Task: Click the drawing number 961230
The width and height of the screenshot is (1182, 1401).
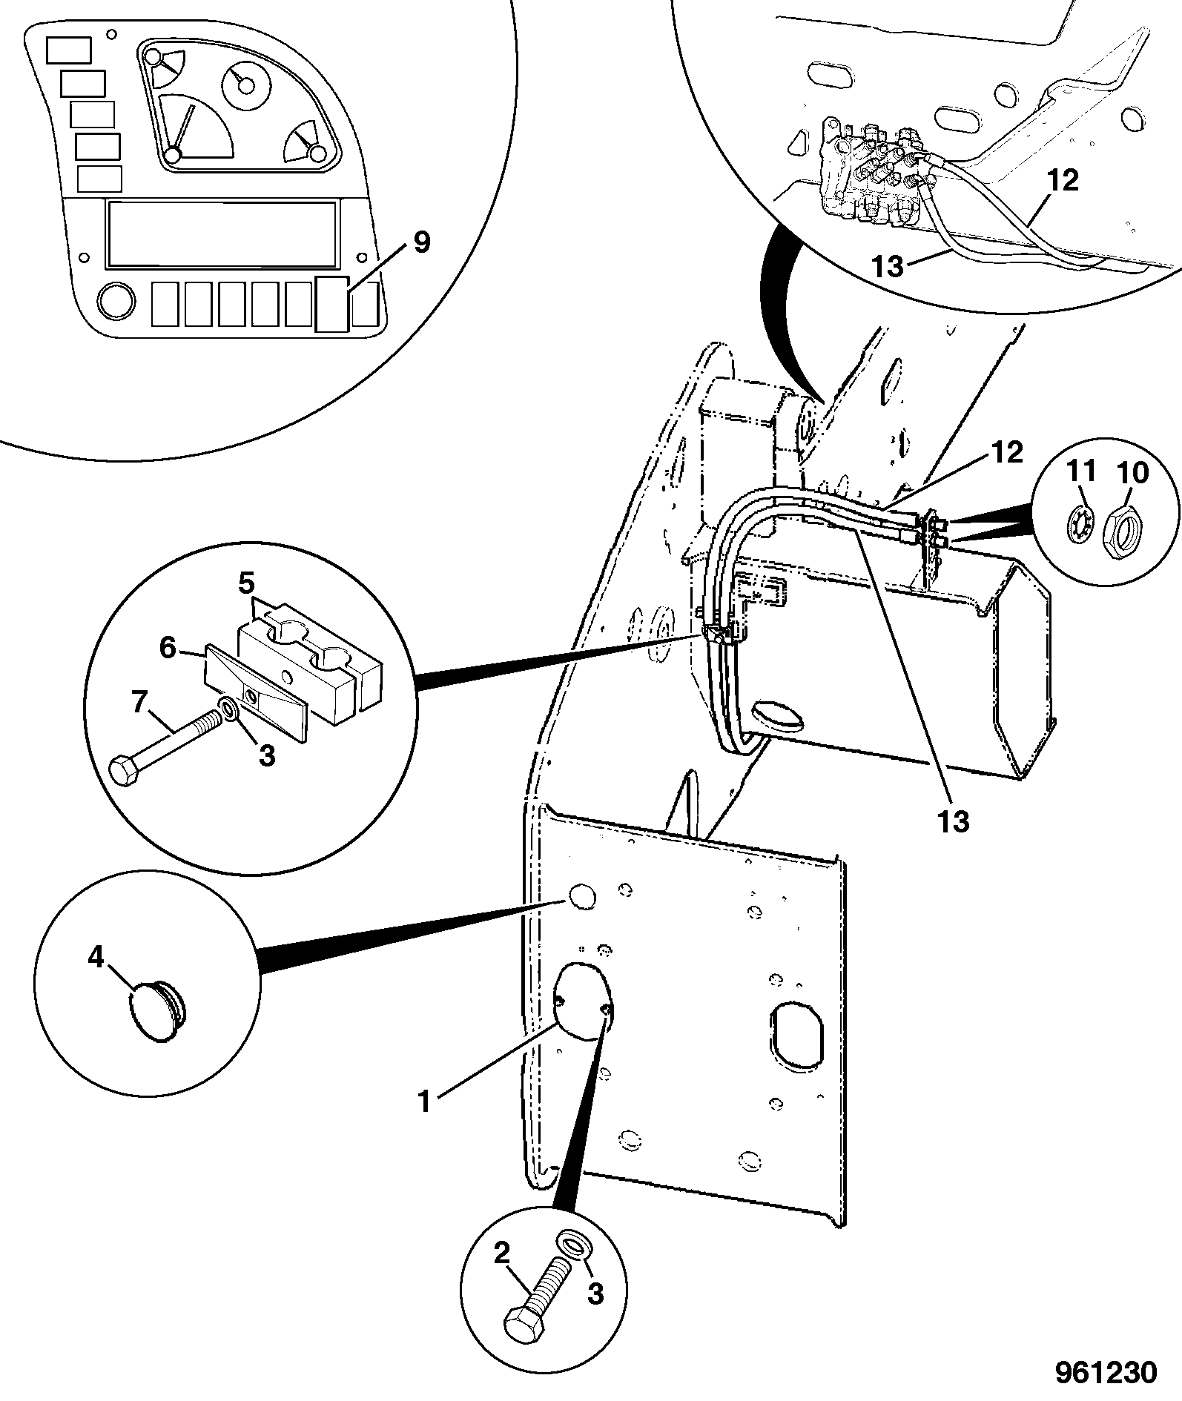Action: pyautogui.click(x=1106, y=1372)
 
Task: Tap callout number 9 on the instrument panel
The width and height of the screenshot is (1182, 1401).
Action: pyautogui.click(x=421, y=243)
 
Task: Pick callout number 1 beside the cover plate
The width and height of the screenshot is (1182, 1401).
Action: pyautogui.click(x=423, y=1122)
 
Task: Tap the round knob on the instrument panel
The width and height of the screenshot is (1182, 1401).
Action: pyautogui.click(x=116, y=302)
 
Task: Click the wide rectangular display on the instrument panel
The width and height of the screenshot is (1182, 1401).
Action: pyautogui.click(x=221, y=233)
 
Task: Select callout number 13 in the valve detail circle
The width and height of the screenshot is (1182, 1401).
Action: pyautogui.click(x=888, y=266)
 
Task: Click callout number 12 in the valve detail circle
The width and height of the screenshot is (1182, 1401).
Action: pyautogui.click(x=1063, y=180)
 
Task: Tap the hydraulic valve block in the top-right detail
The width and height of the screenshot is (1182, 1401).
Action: pyautogui.click(x=874, y=172)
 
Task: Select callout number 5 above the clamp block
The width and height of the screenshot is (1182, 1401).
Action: pyautogui.click(x=246, y=583)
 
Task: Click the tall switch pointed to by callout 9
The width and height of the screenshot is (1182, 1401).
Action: pyautogui.click(x=331, y=304)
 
